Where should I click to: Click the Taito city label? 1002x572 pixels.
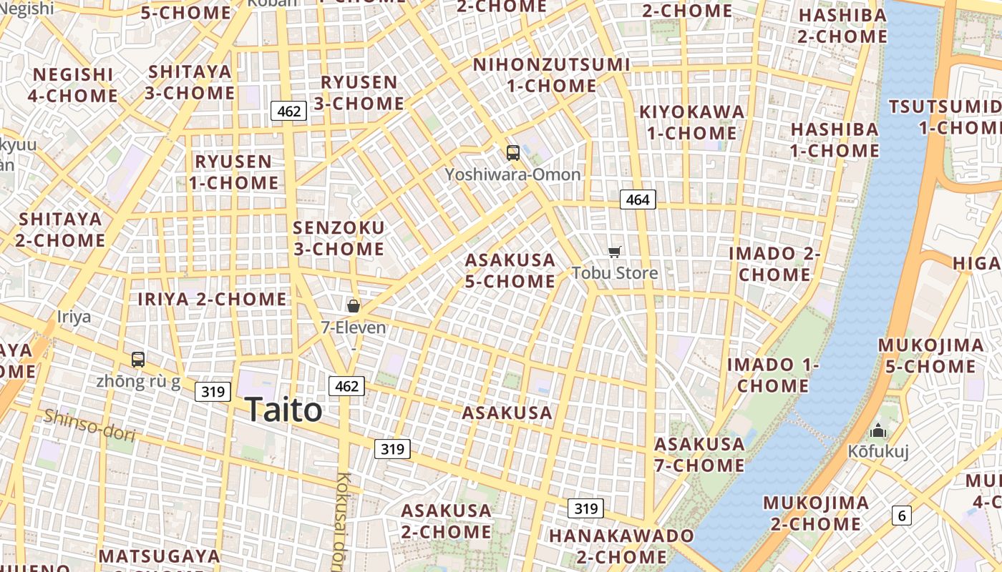283,410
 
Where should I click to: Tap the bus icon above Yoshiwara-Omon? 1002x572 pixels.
512,152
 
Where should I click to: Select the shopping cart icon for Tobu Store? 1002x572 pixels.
614,252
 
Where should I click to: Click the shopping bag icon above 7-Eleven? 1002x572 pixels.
353,306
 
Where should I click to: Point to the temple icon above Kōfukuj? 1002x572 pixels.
877,430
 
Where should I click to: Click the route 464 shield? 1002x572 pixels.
637,199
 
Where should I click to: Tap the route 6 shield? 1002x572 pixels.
901,515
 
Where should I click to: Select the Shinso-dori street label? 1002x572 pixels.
89,424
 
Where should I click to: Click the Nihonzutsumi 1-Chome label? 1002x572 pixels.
551,75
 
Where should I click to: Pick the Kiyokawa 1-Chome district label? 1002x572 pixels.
691,122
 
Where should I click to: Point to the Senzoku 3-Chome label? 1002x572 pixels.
339,238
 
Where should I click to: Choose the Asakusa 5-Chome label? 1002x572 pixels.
510,270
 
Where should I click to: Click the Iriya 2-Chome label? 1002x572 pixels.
212,299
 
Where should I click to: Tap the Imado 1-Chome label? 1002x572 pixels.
773,375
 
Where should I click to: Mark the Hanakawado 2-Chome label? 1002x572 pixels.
621,546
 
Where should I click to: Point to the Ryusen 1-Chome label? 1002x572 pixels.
233,172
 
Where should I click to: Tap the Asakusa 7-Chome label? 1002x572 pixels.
699,455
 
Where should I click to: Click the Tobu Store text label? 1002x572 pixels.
614,272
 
